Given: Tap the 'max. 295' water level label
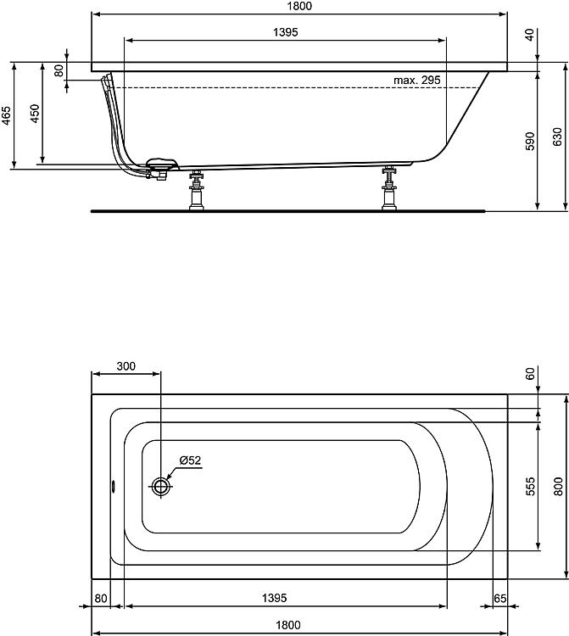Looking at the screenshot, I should click(416, 80).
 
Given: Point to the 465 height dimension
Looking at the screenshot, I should click(6, 115).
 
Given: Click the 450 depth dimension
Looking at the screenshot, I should click(34, 114).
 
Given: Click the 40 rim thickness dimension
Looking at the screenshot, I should click(530, 35).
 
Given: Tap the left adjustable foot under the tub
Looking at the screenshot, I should click(197, 190).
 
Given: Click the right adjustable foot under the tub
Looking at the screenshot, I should click(390, 190).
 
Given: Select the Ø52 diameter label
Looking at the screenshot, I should click(189, 460).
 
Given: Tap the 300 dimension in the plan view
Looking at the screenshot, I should click(126, 366).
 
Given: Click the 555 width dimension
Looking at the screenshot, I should click(528, 486).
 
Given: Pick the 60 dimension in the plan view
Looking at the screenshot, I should click(530, 374).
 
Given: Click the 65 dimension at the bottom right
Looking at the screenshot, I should click(499, 599).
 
